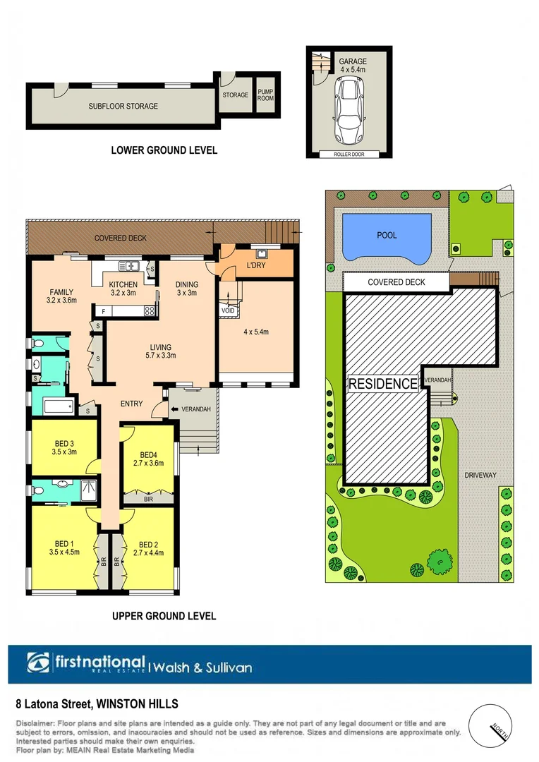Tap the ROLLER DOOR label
coord(349,154)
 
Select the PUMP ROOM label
coord(265,95)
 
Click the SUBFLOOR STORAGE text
coord(123,107)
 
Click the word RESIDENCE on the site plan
coord(384,384)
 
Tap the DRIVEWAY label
coord(480,475)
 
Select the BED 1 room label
coord(64,548)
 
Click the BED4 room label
coord(148,459)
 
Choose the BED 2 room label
coord(148,548)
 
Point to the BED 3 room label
coord(64,447)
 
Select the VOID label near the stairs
coord(227,310)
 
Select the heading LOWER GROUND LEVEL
coord(164,150)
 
